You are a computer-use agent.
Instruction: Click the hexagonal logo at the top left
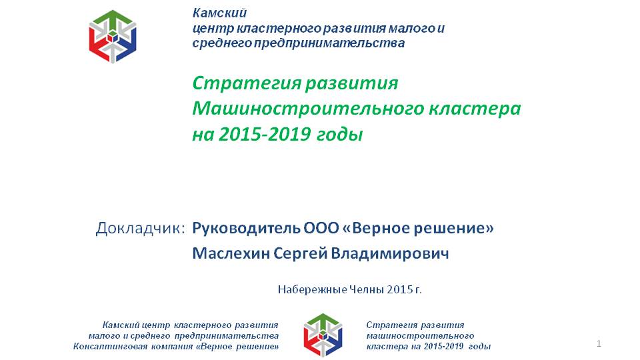[x=113, y=37]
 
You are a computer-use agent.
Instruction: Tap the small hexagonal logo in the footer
[x=323, y=335]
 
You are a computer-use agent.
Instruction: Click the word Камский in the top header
[x=219, y=13]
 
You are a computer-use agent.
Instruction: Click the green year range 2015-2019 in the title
[x=265, y=134]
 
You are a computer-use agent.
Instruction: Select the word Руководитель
[x=246, y=228]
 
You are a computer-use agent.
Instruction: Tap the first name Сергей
[x=300, y=254]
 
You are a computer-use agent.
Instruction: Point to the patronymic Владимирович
[x=390, y=253]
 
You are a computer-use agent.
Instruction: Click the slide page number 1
[x=599, y=344]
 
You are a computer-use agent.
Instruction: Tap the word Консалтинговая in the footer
[x=110, y=347]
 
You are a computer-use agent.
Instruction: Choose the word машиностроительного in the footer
[x=420, y=336]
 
